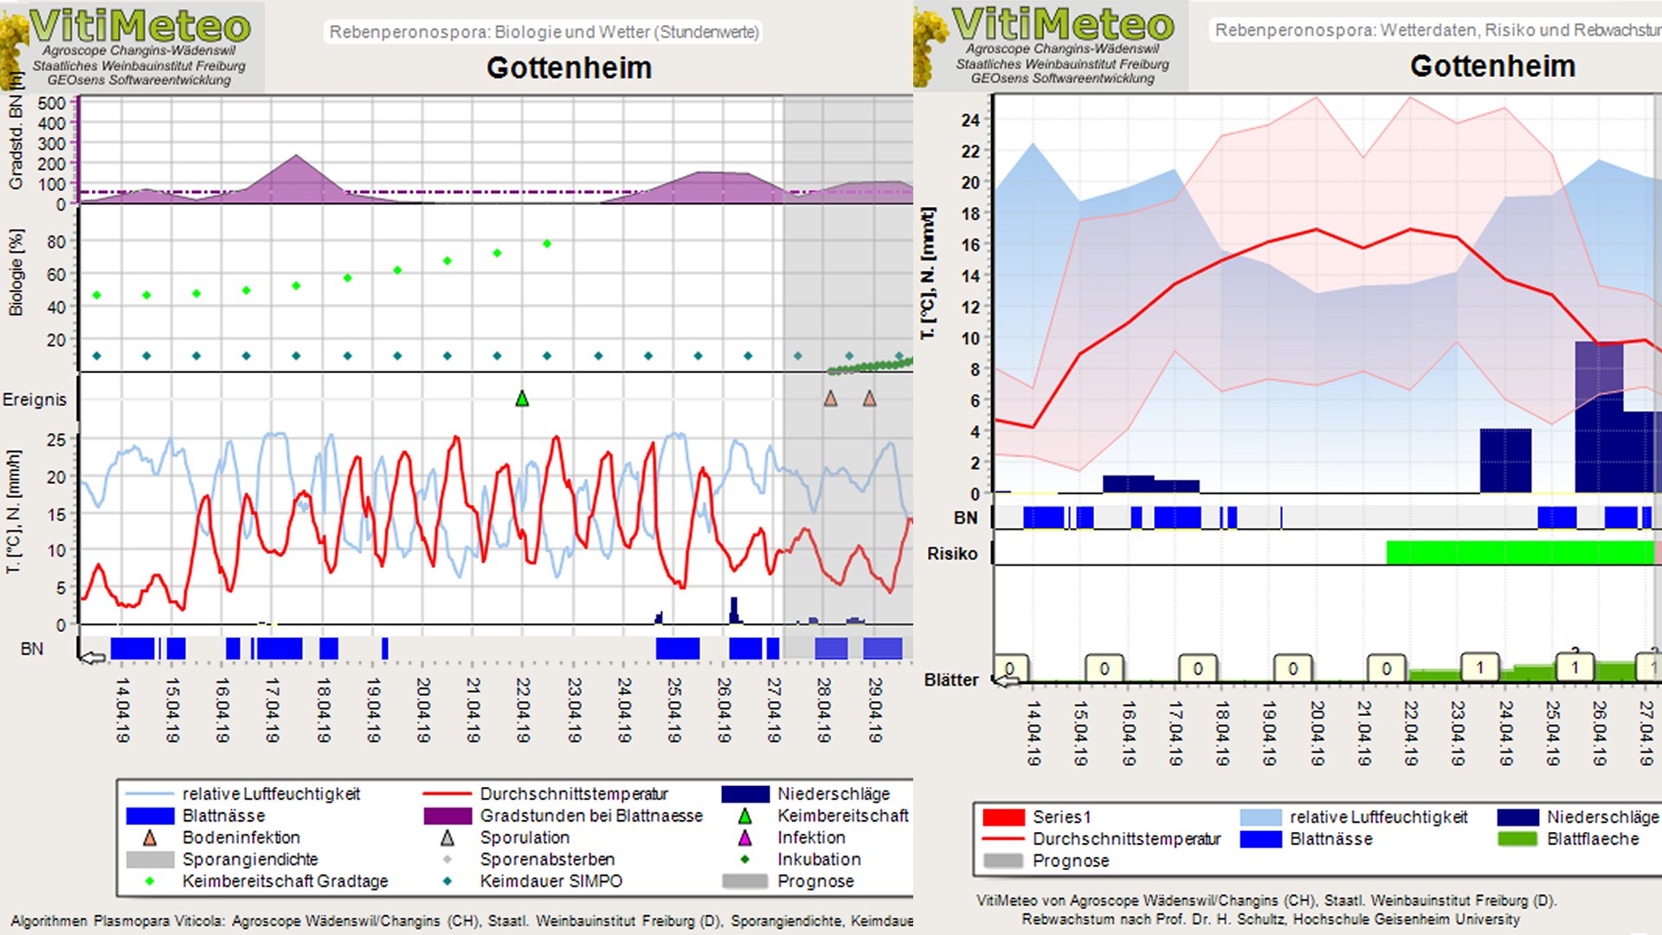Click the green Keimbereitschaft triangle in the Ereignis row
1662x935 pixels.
click(x=522, y=399)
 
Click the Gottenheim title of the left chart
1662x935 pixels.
click(x=569, y=68)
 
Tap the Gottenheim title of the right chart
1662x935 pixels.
click(x=1492, y=66)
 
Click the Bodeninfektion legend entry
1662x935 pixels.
click(x=240, y=837)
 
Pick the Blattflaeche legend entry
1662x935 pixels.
click(x=1592, y=839)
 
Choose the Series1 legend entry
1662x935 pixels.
click(x=1061, y=816)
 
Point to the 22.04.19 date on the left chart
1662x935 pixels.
click(x=523, y=710)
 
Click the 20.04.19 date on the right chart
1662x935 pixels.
click(x=1317, y=733)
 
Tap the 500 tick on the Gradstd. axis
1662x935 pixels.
click(x=52, y=103)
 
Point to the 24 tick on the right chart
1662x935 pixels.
click(x=970, y=120)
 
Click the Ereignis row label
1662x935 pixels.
click(x=35, y=399)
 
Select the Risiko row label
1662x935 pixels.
click(x=952, y=553)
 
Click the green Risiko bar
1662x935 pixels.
click(x=1519, y=552)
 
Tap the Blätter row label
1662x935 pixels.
click(x=950, y=680)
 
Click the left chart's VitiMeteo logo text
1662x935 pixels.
click(x=140, y=26)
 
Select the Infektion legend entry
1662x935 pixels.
click(x=810, y=837)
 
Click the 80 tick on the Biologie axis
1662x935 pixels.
click(x=56, y=242)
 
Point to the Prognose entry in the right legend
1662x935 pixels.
click(x=1070, y=861)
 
